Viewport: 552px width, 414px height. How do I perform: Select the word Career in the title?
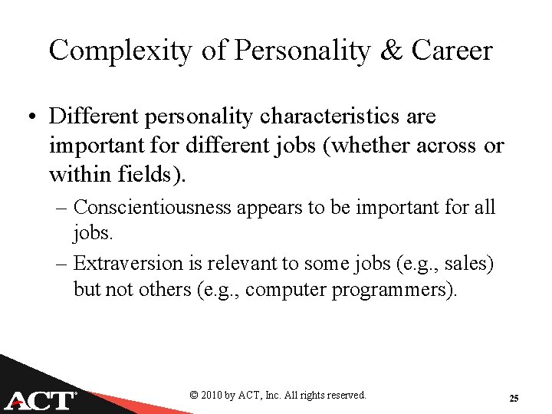452,51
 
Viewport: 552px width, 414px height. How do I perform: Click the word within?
80,175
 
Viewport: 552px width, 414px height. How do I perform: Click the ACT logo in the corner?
42,399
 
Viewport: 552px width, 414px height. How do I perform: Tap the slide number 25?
514,398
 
